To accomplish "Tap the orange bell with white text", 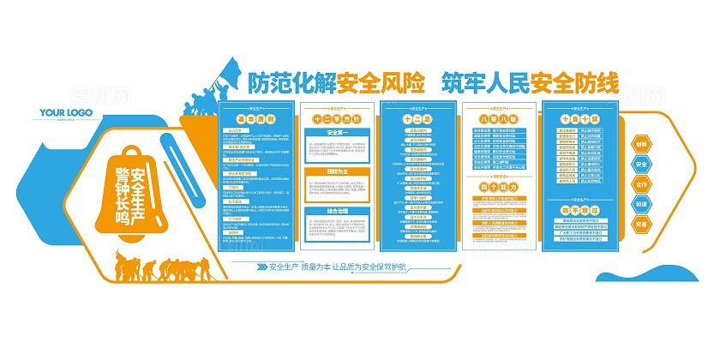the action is [x=134, y=189].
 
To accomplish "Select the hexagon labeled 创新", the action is [x=642, y=145].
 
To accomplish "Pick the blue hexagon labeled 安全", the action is [x=642, y=165].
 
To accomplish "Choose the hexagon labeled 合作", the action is [x=642, y=184].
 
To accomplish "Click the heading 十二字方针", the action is [x=334, y=120].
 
